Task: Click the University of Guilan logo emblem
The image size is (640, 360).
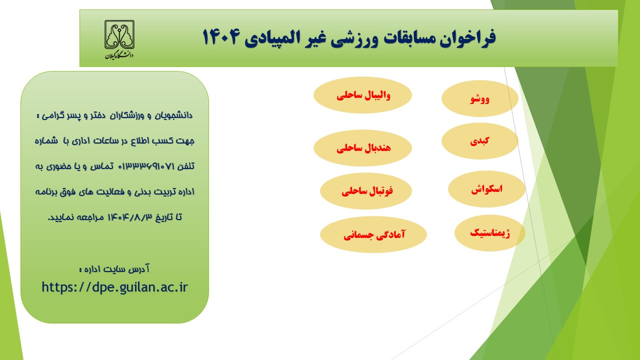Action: point(119,34)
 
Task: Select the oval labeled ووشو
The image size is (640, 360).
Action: point(480,98)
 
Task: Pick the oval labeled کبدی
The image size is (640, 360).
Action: point(480,141)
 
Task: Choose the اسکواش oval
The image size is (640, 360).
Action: point(486,189)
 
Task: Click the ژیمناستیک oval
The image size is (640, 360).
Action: point(490,233)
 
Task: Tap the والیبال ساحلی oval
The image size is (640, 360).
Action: point(363,95)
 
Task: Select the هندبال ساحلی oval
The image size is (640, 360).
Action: point(363,148)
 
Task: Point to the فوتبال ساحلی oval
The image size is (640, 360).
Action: point(366,191)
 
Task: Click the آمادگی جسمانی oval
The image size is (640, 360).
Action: point(373,234)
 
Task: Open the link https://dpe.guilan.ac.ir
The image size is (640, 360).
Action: point(114,287)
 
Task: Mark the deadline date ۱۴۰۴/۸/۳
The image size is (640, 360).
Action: point(129,217)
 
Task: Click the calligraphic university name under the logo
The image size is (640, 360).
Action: point(119,55)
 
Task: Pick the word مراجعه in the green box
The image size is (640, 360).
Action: point(92,217)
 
